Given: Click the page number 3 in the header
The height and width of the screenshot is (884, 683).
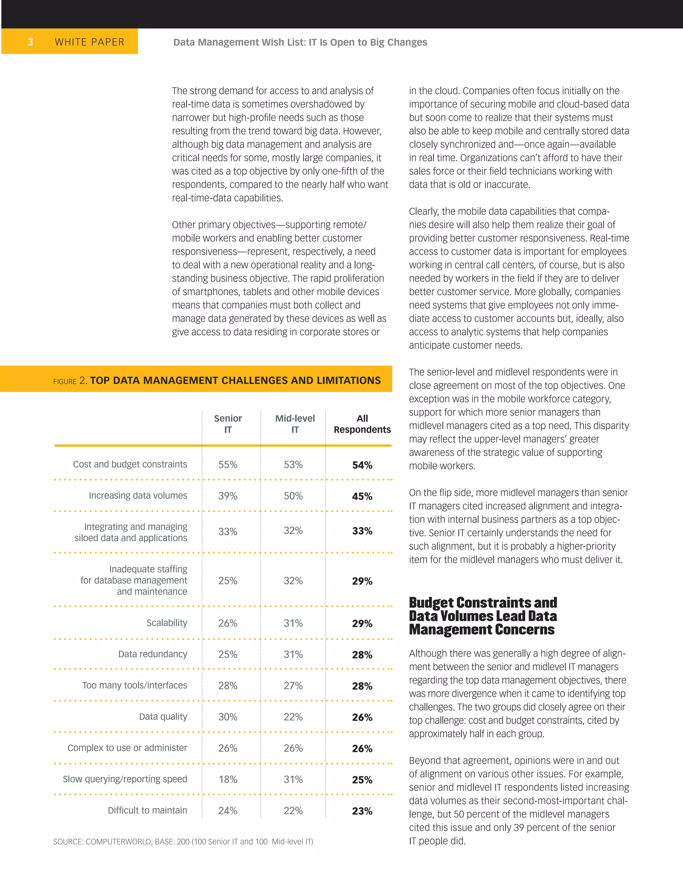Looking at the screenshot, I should pyautogui.click(x=30, y=42).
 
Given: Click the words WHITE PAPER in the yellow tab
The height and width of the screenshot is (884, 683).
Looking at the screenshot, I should pyautogui.click(x=89, y=42).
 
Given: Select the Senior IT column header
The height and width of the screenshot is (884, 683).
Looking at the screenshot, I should pyautogui.click(x=228, y=424).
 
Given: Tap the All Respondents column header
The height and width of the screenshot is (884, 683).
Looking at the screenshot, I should pyautogui.click(x=362, y=424).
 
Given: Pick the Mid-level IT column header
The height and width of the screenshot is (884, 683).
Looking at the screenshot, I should pyautogui.click(x=295, y=424).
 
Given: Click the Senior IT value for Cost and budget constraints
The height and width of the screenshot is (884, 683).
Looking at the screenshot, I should pyautogui.click(x=228, y=465).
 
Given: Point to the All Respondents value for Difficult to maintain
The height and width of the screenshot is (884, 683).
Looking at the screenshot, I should pyautogui.click(x=362, y=811).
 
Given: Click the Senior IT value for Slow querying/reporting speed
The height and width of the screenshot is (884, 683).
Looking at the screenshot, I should pyautogui.click(x=228, y=779).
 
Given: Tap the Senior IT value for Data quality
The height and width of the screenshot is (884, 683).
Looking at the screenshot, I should pyautogui.click(x=228, y=717).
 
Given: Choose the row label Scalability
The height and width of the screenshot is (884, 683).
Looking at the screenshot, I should pyautogui.click(x=167, y=622).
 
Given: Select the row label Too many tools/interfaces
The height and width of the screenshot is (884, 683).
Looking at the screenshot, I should pyautogui.click(x=135, y=685).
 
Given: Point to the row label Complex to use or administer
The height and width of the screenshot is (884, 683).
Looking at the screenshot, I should pyautogui.click(x=127, y=748).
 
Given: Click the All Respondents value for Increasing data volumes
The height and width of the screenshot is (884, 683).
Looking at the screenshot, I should pyautogui.click(x=362, y=496).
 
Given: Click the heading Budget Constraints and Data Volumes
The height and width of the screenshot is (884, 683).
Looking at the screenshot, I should pyautogui.click(x=483, y=616).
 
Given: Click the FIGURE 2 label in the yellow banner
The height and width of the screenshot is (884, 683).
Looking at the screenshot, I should pyautogui.click(x=70, y=381).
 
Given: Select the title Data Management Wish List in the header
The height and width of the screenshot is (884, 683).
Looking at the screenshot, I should pyautogui.click(x=300, y=42).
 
